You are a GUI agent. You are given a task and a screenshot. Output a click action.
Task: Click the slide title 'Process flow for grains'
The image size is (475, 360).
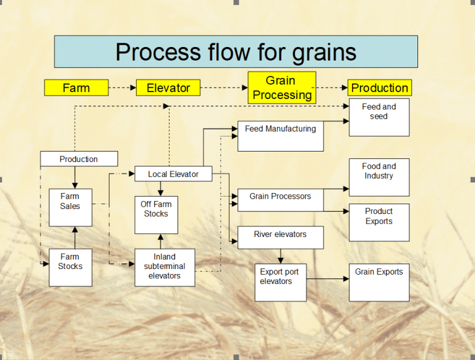(236, 51)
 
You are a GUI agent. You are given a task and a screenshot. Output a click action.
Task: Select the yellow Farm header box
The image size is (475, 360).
(76, 88)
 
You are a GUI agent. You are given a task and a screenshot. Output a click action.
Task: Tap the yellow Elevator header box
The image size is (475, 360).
(168, 88)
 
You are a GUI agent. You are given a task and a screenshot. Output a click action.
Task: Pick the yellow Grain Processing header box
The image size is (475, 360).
(282, 88)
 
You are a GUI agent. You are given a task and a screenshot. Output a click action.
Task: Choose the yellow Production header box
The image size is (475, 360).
(379, 88)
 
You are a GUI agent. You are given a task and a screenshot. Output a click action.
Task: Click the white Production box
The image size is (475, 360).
(79, 159)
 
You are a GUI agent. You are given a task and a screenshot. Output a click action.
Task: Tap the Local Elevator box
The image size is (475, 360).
(173, 174)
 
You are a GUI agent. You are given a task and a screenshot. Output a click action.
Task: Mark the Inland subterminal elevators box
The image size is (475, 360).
(165, 267)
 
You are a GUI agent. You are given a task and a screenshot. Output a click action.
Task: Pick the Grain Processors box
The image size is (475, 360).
(280, 200)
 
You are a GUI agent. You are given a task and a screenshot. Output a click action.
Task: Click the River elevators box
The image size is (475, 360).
(280, 238)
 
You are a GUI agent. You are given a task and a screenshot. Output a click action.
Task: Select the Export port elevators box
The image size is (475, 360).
(280, 282)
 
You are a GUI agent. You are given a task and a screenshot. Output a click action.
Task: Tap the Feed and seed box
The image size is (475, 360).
(379, 117)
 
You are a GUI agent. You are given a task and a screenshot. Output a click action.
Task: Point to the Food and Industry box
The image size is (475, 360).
(379, 177)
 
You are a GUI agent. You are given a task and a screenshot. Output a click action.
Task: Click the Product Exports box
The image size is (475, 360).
(379, 222)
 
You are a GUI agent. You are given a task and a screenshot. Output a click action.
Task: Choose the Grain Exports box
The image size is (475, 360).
(379, 282)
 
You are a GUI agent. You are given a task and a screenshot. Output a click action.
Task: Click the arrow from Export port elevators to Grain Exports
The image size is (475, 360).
(327, 279)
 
